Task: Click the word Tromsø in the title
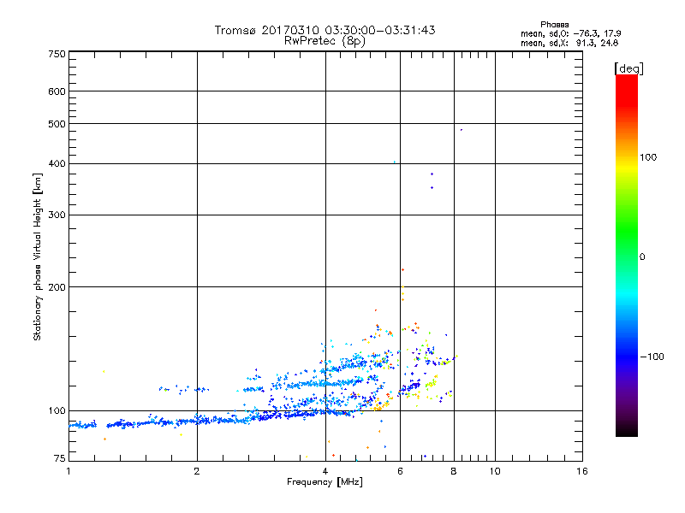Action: [x=237, y=30]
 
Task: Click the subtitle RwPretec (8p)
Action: [x=325, y=40]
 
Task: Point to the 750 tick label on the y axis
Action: [x=57, y=53]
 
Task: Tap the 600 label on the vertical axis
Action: [x=57, y=91]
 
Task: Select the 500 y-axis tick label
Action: [x=57, y=124]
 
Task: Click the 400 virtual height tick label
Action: [x=57, y=163]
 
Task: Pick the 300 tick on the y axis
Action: [x=57, y=215]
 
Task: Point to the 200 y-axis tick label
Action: [x=57, y=287]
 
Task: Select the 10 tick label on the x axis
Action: [x=494, y=471]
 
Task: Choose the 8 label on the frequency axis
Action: [x=453, y=471]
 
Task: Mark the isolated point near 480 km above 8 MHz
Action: [x=461, y=130]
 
